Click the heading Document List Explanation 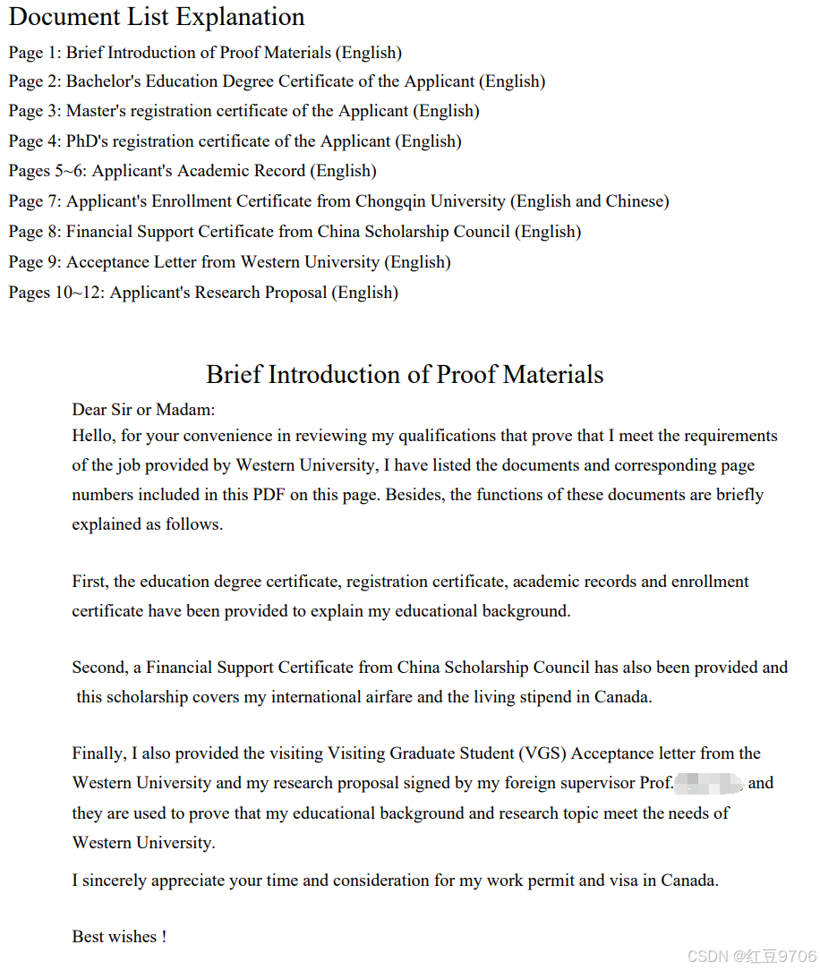point(157,17)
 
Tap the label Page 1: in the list point(35,53)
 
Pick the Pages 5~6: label point(47,171)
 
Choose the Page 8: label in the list point(35,232)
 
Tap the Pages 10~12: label point(56,293)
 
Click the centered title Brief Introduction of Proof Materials point(405,374)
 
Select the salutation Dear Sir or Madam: point(143,410)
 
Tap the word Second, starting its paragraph point(99,668)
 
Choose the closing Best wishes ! point(119,937)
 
